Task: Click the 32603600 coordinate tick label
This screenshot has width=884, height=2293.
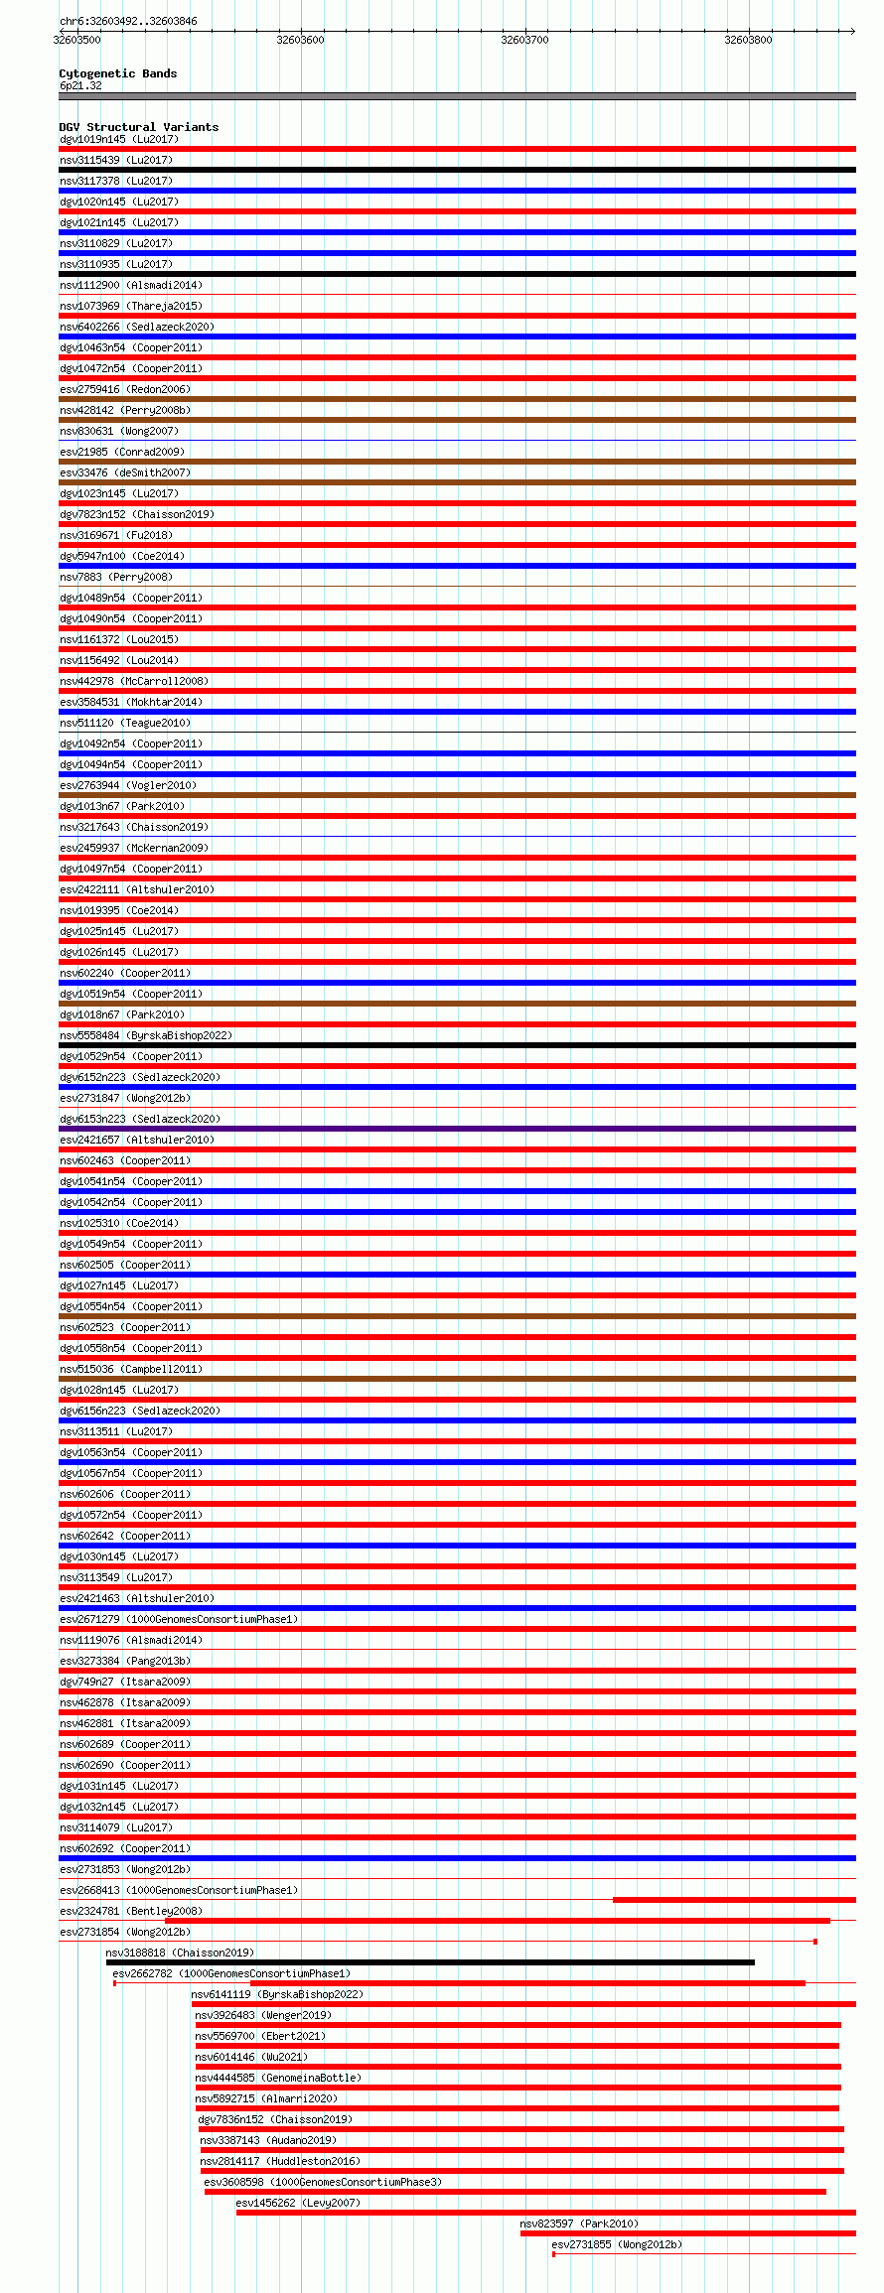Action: pos(300,40)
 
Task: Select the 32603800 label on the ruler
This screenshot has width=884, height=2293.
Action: pos(747,40)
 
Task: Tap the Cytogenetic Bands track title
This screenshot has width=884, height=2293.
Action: pos(117,73)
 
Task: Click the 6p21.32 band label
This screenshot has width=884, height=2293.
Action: pos(79,85)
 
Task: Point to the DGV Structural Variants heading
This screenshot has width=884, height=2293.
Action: pos(138,127)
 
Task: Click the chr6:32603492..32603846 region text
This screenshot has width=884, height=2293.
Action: pos(127,21)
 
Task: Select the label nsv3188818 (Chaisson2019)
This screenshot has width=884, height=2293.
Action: pos(179,1953)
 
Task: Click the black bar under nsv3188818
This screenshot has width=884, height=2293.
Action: pos(430,1962)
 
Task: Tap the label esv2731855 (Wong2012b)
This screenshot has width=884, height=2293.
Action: pos(616,2244)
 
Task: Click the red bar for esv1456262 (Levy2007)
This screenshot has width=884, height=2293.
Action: pos(545,2213)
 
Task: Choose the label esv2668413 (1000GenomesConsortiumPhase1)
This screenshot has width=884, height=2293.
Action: pos(178,1890)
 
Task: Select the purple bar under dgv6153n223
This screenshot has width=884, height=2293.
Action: pos(457,1129)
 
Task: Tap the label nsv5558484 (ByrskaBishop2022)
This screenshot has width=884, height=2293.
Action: pos(145,1035)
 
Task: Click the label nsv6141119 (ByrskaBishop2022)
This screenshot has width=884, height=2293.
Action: pos(277,1994)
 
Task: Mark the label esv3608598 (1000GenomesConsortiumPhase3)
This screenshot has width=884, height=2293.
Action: pos(322,2182)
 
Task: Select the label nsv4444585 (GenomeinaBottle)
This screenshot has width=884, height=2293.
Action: pos(277,2078)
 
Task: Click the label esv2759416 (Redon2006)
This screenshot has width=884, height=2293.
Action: pos(124,389)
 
